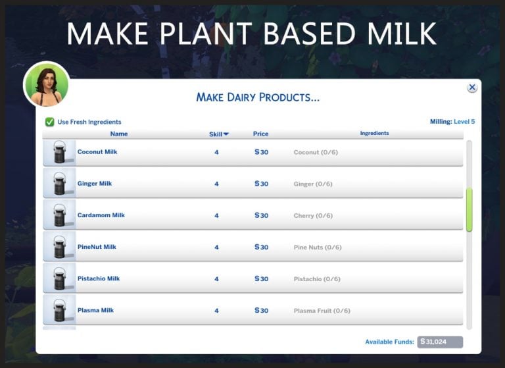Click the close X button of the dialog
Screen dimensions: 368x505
[471, 88]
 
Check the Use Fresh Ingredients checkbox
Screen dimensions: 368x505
[50, 122]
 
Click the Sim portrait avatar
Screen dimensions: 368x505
[46, 85]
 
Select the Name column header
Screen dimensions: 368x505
[119, 134]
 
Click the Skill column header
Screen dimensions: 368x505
[218, 134]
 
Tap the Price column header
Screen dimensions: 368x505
[260, 134]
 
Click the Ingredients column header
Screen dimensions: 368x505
[374, 134]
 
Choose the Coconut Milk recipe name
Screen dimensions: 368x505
[97, 152]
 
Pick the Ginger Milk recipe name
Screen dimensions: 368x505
[95, 184]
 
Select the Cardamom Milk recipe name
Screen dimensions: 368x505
[101, 215]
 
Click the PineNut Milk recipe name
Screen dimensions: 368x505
[97, 247]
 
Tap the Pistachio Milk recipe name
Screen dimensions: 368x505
[99, 278]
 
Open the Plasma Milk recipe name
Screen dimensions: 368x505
[95, 310]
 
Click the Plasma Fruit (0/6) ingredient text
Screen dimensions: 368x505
[322, 311]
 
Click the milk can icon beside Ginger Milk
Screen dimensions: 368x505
[59, 183]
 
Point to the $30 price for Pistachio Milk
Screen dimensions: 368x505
[262, 279]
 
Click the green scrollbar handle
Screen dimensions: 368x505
[469, 209]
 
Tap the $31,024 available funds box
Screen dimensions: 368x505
[440, 342]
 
